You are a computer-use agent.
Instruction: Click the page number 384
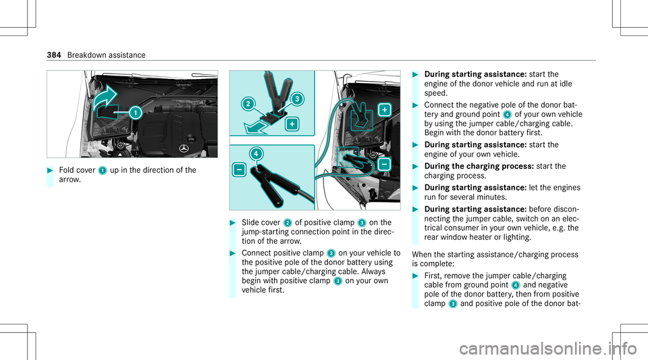54,55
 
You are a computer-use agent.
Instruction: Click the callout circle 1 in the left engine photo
135,112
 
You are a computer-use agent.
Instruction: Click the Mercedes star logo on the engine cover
184,149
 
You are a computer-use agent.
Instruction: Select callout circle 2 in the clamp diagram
248,103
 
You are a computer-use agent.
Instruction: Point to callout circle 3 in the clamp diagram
297,99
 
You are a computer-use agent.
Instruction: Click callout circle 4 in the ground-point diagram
256,154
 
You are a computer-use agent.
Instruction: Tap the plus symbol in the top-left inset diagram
292,124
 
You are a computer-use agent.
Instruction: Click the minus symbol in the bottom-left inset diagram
239,170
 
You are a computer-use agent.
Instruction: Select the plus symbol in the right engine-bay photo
385,110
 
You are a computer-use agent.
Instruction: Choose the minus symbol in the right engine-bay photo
384,164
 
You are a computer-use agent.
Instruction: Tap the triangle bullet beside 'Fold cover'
50,170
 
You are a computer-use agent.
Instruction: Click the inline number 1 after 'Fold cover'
103,171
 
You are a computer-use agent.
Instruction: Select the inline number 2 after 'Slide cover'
288,223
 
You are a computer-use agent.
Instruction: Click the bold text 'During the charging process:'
479,166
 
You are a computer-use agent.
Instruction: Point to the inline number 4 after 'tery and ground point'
508,115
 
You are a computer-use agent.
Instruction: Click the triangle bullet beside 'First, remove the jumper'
415,276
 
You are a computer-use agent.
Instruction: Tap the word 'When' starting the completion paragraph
422,255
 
